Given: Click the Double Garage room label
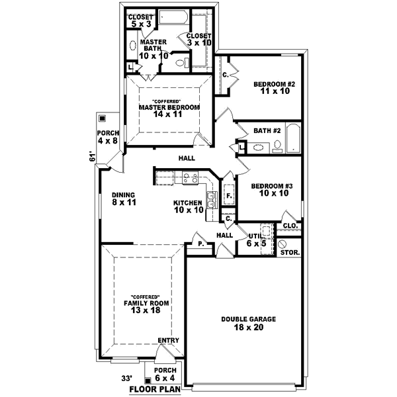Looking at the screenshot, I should [x=248, y=322].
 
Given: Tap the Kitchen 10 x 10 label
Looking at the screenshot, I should [x=188, y=206].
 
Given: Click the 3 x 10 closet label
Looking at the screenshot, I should [x=198, y=39].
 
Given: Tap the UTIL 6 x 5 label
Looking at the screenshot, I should [x=256, y=239].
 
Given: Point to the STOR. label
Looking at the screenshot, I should [x=290, y=253].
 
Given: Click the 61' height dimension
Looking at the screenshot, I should [x=94, y=158].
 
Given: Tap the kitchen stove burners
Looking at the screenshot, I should [x=191, y=177].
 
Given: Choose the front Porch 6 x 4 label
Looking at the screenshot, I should [x=165, y=374].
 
